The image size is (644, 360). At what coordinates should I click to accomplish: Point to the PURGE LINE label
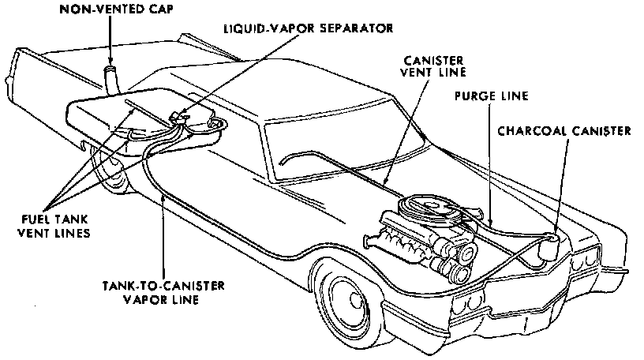491,97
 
